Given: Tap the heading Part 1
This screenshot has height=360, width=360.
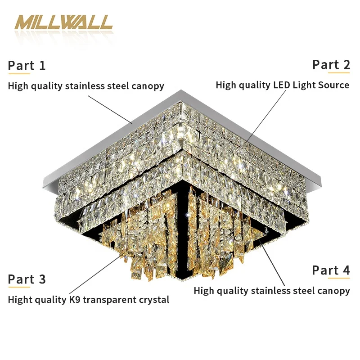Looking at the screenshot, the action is [x=27, y=66].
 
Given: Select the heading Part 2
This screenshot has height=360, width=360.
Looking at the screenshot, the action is [x=331, y=65].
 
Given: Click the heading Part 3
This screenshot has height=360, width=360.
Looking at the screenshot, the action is [x=27, y=279].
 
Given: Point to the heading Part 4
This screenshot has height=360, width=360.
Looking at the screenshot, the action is [x=331, y=270].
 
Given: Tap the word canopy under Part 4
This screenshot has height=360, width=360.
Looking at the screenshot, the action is [x=333, y=291].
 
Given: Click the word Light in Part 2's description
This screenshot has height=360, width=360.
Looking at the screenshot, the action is [x=301, y=85].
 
